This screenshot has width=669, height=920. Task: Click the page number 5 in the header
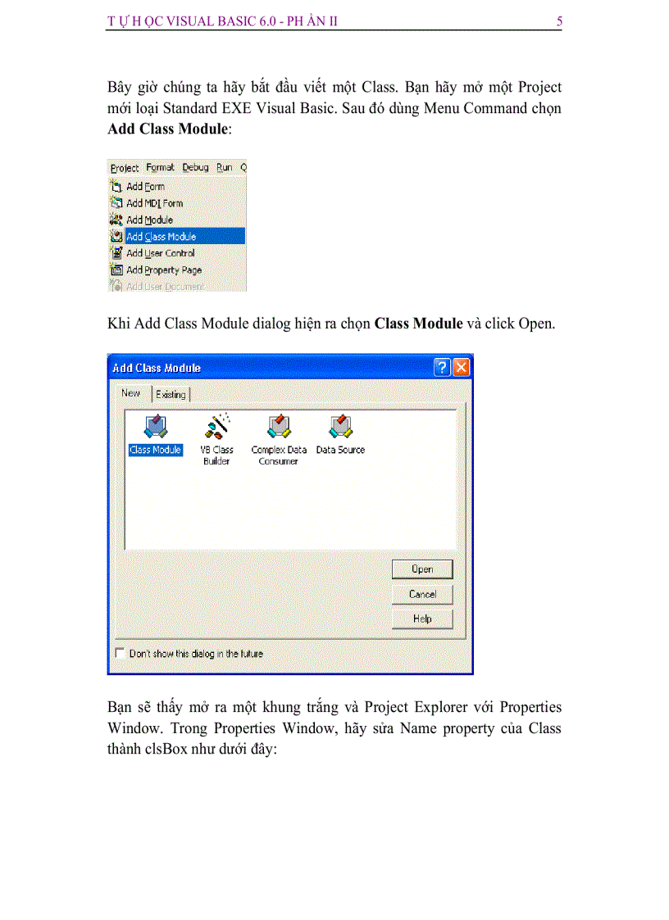click(x=558, y=22)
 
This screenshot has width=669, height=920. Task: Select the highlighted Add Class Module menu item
click(x=161, y=237)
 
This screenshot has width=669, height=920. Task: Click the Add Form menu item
click(x=145, y=187)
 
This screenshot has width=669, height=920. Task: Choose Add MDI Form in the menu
click(x=154, y=203)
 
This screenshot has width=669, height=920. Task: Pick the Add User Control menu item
click(x=160, y=253)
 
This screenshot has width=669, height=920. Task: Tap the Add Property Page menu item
click(x=163, y=270)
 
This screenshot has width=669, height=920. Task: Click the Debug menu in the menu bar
click(x=195, y=167)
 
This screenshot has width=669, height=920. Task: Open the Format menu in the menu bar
click(x=160, y=167)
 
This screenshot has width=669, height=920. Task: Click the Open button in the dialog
click(x=422, y=569)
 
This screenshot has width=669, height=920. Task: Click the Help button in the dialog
click(x=422, y=619)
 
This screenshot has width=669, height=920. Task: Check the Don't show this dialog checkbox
click(x=121, y=654)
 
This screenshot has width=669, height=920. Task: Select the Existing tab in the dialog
click(x=171, y=395)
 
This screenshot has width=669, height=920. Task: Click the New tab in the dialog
click(x=131, y=393)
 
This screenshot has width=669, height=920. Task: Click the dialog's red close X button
click(x=462, y=368)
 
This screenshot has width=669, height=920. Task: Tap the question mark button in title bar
click(x=442, y=368)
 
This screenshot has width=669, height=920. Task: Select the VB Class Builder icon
click(x=217, y=428)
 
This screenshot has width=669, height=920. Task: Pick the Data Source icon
click(x=340, y=428)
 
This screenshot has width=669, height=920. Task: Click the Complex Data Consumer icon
click(x=279, y=428)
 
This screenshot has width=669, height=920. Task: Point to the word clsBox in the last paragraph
click(x=168, y=748)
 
